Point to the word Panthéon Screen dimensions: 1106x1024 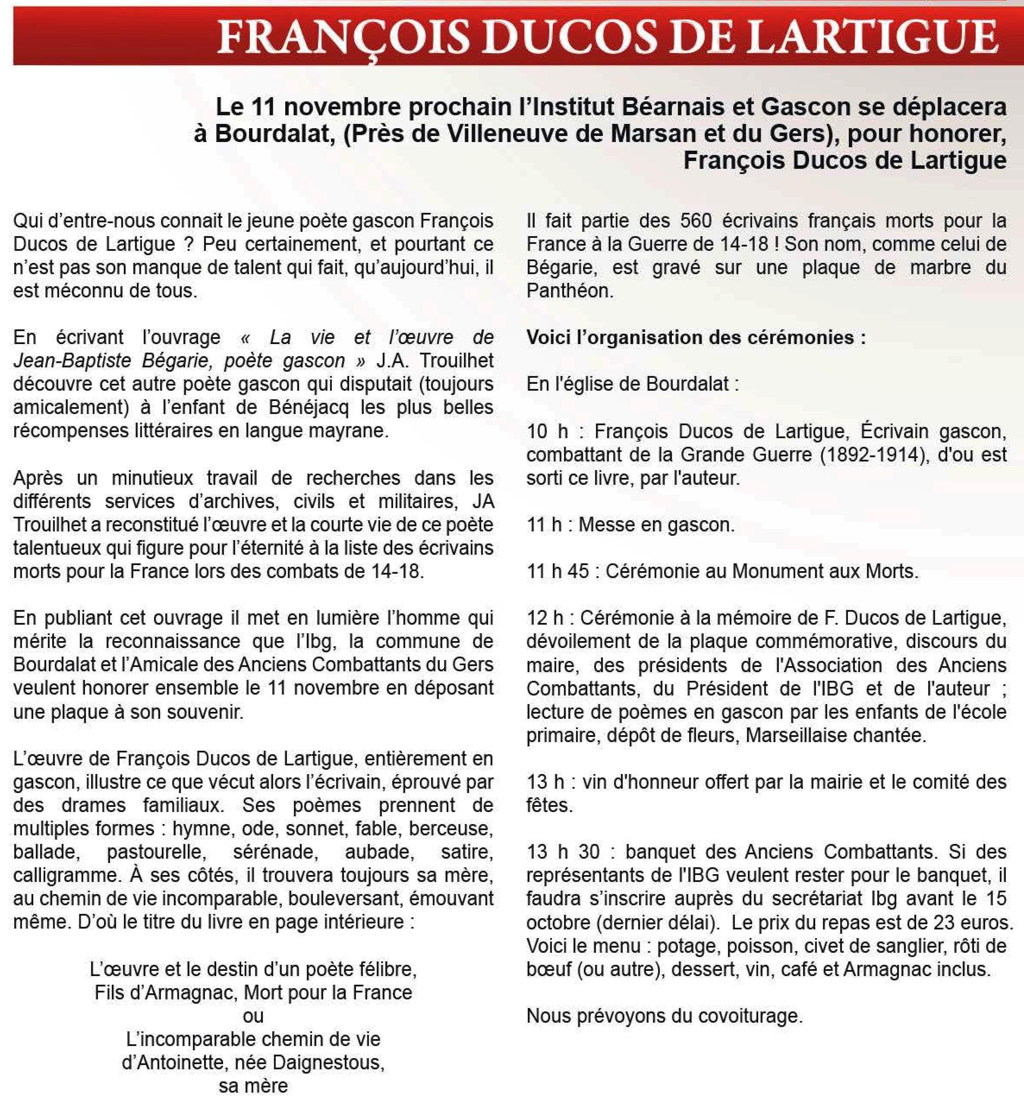pyautogui.click(x=570, y=291)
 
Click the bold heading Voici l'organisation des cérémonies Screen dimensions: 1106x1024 pyautogui.click(x=696, y=337)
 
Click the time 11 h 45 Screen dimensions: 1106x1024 pyautogui.click(x=558, y=571)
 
